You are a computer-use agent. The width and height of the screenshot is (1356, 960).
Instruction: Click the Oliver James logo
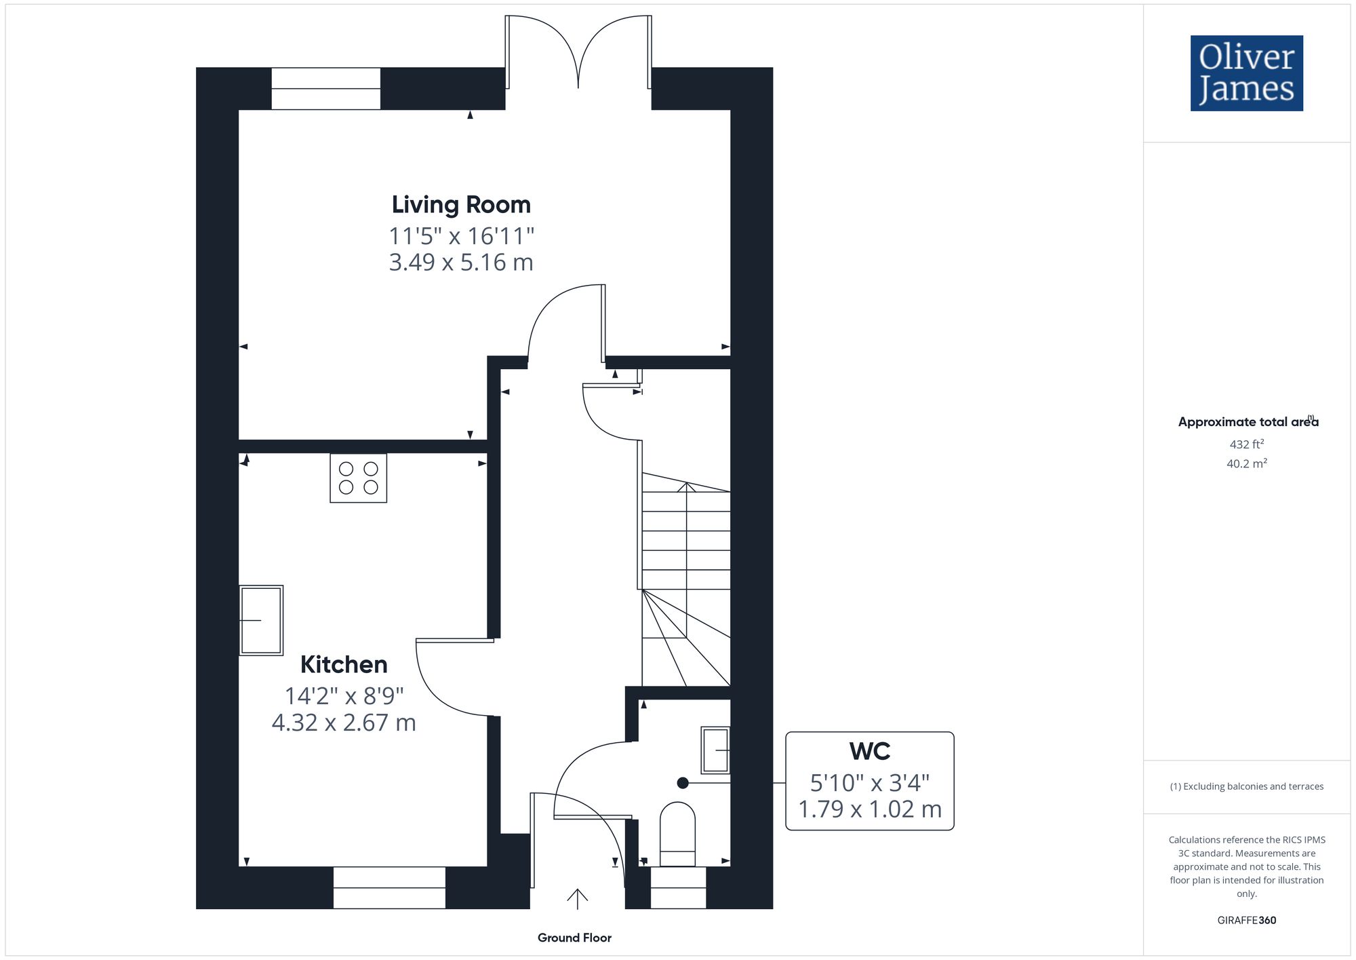pyautogui.click(x=1247, y=73)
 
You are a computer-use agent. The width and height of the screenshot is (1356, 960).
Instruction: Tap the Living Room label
pyautogui.click(x=461, y=204)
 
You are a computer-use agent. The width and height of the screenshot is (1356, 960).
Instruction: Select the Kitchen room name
pyautogui.click(x=344, y=664)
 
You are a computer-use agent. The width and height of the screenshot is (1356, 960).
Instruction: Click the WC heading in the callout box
pyautogui.click(x=870, y=751)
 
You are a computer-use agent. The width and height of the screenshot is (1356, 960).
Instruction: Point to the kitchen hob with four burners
pyautogui.click(x=359, y=478)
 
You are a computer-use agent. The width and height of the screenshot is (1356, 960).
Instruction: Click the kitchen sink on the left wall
pyautogui.click(x=261, y=620)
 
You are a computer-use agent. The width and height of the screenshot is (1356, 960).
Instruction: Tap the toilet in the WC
pyautogui.click(x=677, y=834)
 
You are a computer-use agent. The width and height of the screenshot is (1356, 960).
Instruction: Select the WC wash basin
pyautogui.click(x=716, y=750)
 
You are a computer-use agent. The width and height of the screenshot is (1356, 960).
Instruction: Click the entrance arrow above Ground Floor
pyautogui.click(x=577, y=899)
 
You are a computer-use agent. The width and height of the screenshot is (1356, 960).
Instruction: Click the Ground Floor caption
pyautogui.click(x=574, y=938)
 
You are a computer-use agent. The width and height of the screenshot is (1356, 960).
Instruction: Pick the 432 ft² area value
pyautogui.click(x=1247, y=444)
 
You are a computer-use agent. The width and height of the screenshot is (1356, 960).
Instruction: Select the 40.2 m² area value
pyautogui.click(x=1247, y=464)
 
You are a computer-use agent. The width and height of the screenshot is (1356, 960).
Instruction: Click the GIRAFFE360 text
pyautogui.click(x=1247, y=921)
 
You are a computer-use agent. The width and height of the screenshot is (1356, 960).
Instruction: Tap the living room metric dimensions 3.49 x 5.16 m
pyautogui.click(x=461, y=262)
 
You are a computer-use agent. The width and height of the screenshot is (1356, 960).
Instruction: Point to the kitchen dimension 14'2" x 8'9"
pyautogui.click(x=344, y=696)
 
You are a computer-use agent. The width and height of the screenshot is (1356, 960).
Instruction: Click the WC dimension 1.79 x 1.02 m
pyautogui.click(x=870, y=809)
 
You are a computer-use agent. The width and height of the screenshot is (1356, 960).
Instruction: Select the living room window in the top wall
pyautogui.click(x=326, y=88)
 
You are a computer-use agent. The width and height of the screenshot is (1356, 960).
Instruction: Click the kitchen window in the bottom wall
pyautogui.click(x=389, y=887)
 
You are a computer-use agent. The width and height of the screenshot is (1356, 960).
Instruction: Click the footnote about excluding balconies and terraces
pyautogui.click(x=1247, y=786)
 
